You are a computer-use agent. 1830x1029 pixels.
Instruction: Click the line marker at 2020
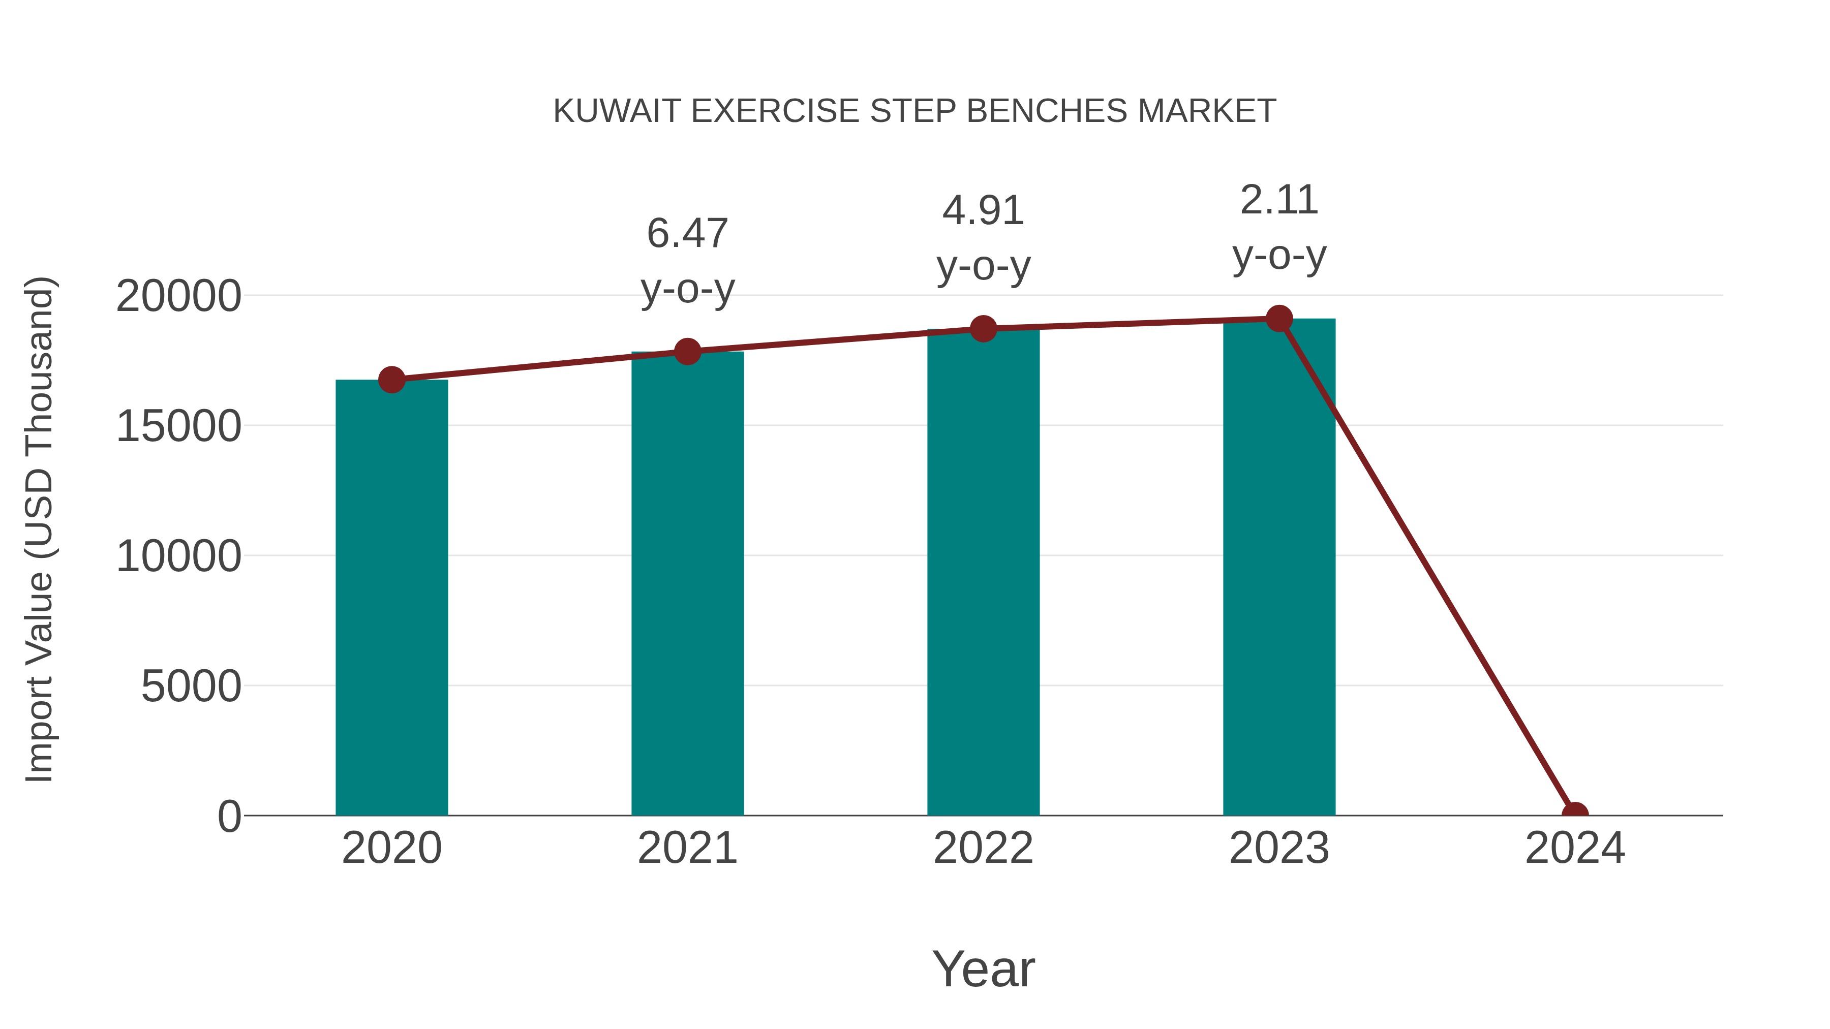click(x=391, y=380)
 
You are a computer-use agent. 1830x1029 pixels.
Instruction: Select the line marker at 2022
click(x=983, y=328)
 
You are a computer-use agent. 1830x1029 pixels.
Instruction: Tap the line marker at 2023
click(x=1279, y=319)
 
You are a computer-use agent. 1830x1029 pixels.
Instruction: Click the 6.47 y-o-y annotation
click(x=687, y=261)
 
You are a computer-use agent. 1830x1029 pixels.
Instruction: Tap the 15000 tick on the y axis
click(x=178, y=426)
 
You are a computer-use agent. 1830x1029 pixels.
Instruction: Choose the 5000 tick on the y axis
click(x=191, y=686)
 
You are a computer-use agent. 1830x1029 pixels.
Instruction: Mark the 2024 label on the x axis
click(x=1574, y=848)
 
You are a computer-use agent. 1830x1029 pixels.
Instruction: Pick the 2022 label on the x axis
click(x=983, y=848)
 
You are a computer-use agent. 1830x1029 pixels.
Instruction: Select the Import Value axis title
click(x=39, y=529)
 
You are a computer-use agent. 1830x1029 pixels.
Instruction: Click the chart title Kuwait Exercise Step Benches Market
click(x=914, y=111)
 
